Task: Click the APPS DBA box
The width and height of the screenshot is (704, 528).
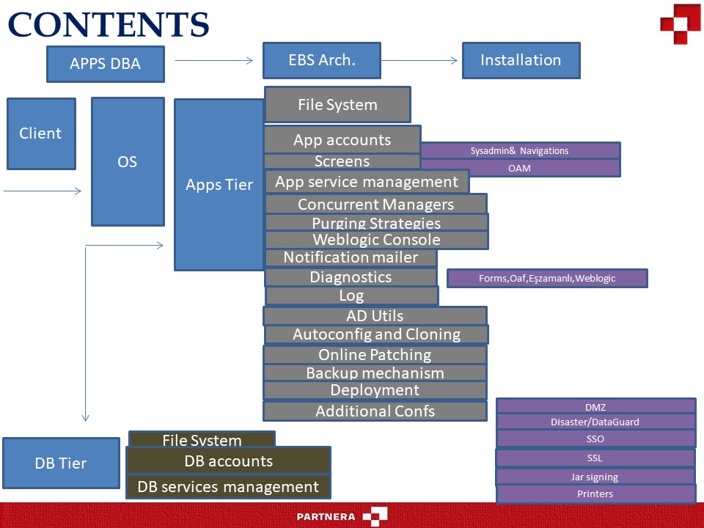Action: pyautogui.click(x=105, y=64)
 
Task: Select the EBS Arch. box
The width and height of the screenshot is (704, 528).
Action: pyautogui.click(x=321, y=60)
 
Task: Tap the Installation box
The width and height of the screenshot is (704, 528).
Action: pyautogui.click(x=521, y=60)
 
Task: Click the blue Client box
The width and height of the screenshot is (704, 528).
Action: pyautogui.click(x=41, y=133)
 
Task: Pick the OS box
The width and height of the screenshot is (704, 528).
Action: pyautogui.click(x=128, y=161)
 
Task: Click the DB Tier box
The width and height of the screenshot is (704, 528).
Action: pyautogui.click(x=61, y=463)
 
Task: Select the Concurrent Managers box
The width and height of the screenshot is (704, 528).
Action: pyautogui.click(x=375, y=204)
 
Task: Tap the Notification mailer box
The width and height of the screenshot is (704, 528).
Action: pyautogui.click(x=351, y=257)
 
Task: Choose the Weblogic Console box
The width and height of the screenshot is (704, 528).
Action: pyautogui.click(x=376, y=240)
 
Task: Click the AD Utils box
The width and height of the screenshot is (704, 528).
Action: pyautogui.click(x=375, y=316)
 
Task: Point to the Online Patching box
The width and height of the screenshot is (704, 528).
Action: pyautogui.click(x=375, y=354)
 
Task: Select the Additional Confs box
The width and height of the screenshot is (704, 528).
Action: pyautogui.click(x=375, y=411)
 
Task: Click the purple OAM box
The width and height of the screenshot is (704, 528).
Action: pyautogui.click(x=519, y=168)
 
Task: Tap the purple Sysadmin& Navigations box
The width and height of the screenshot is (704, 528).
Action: pyautogui.click(x=519, y=150)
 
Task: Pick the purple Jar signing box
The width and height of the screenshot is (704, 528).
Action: pyautogui.click(x=595, y=477)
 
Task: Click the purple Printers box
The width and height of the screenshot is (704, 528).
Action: pyautogui.click(x=595, y=494)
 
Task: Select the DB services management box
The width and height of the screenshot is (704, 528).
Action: pyautogui.click(x=228, y=487)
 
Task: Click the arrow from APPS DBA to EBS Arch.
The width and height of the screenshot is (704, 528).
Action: pyautogui.click(x=213, y=61)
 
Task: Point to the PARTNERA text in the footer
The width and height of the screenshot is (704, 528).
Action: pyautogui.click(x=326, y=516)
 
